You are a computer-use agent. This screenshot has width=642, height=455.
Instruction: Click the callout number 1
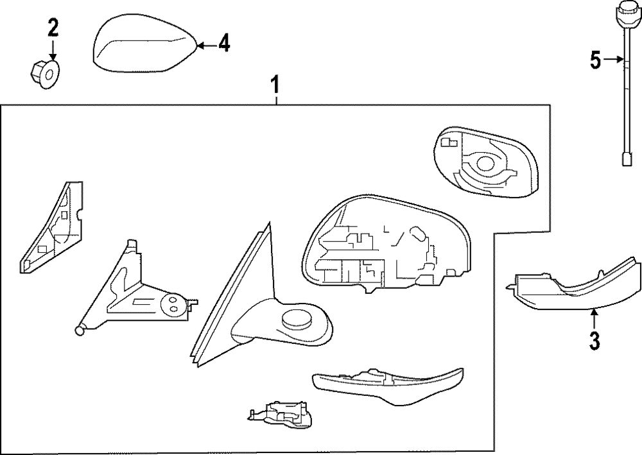[275, 85]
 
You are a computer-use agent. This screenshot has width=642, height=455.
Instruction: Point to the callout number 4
[223, 44]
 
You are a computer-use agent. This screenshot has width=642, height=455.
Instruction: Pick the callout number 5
[596, 61]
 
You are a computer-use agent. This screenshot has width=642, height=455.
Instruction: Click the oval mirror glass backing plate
[484, 160]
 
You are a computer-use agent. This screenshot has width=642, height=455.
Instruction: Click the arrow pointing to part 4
[204, 45]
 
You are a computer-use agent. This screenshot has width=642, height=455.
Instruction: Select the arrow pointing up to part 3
[594, 318]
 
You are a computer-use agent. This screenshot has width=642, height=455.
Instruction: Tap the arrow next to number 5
[613, 61]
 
